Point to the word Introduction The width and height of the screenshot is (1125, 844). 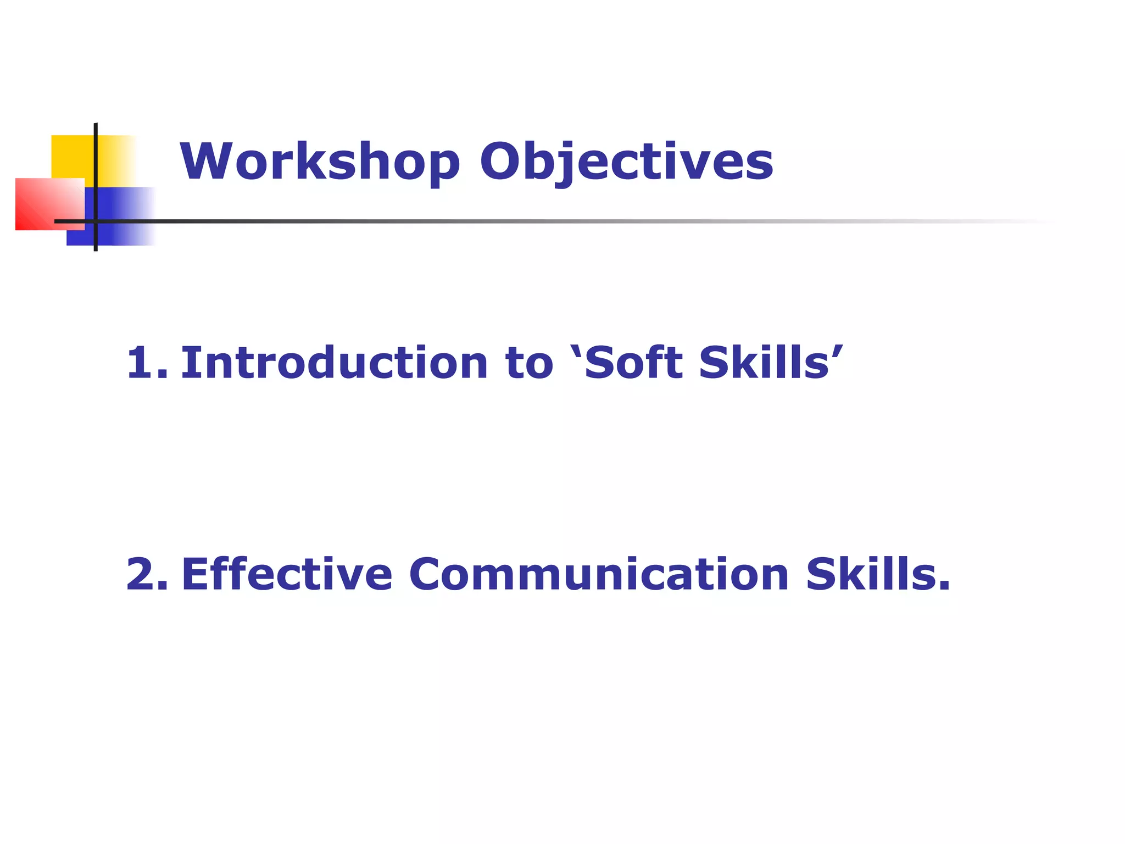pos(334,363)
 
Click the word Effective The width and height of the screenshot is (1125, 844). pos(287,574)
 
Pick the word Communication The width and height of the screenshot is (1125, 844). pos(599,574)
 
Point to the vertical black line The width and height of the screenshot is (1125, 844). pos(96,165)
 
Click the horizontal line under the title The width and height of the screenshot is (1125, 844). pos(494,221)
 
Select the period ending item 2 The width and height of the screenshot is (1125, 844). pos(944,587)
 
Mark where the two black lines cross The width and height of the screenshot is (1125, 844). pos(96,221)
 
